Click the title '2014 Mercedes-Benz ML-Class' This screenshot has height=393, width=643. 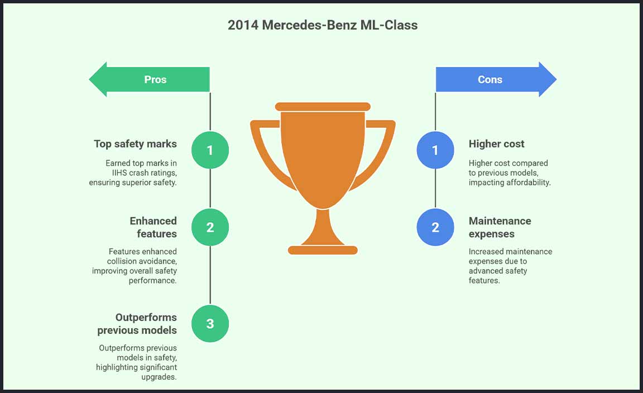pos(322,25)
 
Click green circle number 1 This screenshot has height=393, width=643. pos(210,150)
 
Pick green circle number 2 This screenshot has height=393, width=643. pos(210,227)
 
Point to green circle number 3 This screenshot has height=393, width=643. pos(210,323)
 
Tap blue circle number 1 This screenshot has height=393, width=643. pos(435,150)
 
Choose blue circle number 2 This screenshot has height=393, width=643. pos(435,227)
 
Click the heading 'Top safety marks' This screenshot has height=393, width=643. pos(135,144)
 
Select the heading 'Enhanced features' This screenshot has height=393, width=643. pos(153,227)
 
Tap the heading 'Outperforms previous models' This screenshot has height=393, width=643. pos(137,324)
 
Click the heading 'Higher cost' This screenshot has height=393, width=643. pos(496,144)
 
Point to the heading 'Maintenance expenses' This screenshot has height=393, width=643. pos(500,227)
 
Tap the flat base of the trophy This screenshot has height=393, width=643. pos(323,250)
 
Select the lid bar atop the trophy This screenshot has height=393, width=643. pos(323,106)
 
